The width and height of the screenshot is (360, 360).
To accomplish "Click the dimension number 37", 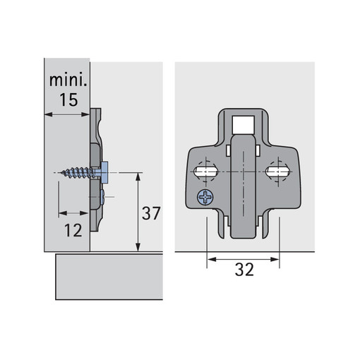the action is pos(151,213).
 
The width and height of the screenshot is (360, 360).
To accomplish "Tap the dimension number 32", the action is pos(244,270).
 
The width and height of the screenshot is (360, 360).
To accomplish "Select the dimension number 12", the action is pos(73,230).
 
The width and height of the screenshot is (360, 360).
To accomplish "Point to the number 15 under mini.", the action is pos(68,100).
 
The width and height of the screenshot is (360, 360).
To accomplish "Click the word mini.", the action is pos(68,80).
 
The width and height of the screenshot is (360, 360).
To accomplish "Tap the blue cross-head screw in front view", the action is pos(205,197).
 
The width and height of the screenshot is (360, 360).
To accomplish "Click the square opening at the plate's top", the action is pos(244,125).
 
